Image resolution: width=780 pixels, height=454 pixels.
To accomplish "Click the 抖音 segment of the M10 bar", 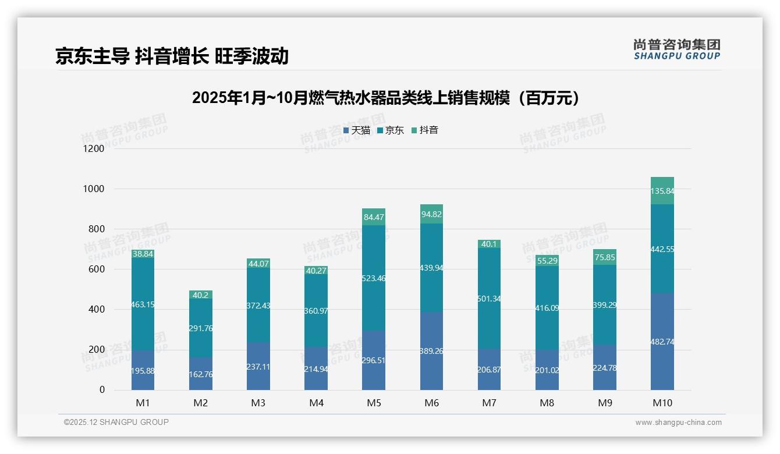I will click(x=662, y=191).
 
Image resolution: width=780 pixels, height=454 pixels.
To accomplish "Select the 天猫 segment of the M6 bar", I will click(x=431, y=351).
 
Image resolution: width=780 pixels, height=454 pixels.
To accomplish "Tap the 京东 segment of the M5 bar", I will click(x=374, y=278).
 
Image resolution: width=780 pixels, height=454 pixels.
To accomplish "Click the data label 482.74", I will click(x=662, y=342).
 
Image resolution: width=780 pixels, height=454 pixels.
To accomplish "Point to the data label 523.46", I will click(x=374, y=278).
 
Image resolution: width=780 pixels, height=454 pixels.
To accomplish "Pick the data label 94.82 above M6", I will click(x=431, y=214).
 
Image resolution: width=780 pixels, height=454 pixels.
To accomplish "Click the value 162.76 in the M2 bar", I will click(x=201, y=374).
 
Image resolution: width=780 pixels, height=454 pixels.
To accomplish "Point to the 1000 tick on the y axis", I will click(x=93, y=189).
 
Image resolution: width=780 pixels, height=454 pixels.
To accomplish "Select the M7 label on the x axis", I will click(x=489, y=403).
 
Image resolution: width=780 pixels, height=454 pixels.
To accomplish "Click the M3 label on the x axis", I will click(x=258, y=403).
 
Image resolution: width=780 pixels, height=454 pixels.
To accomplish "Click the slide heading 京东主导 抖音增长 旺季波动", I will click(x=172, y=56).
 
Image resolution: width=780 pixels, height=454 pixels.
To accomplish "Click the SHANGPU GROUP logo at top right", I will click(x=676, y=49).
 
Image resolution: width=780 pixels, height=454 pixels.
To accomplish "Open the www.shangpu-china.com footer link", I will click(x=678, y=423).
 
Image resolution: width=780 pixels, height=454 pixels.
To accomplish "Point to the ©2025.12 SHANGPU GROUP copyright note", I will click(x=116, y=423).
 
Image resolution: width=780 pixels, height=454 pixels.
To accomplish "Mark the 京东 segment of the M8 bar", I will click(x=547, y=308).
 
